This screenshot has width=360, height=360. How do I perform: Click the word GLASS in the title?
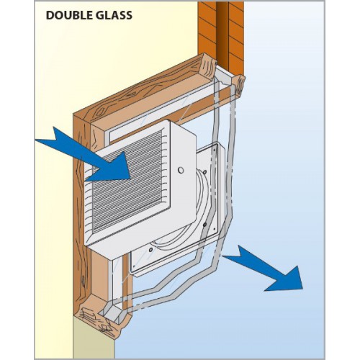(x=112, y=15)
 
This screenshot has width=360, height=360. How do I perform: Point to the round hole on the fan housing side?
(x=181, y=170)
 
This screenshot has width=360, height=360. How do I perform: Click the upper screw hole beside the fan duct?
(x=204, y=172)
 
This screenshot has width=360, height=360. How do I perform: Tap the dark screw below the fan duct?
(x=204, y=225)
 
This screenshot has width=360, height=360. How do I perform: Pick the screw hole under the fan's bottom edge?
(x=150, y=250)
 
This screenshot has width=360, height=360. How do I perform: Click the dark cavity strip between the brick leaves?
(x=222, y=34)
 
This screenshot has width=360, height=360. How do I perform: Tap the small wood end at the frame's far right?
(x=239, y=85)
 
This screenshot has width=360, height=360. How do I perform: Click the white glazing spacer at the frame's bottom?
(x=114, y=312)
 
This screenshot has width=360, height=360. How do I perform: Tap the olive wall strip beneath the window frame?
(x=94, y=346)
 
